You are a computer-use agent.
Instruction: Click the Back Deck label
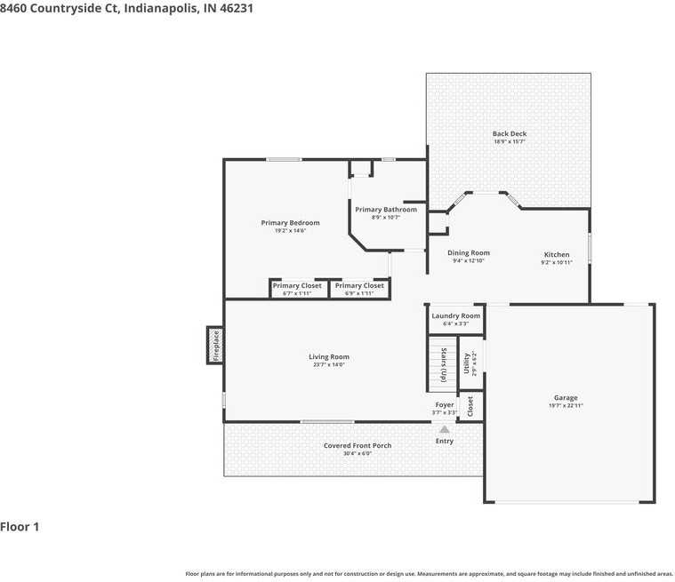510,134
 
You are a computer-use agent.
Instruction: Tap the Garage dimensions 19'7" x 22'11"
566,405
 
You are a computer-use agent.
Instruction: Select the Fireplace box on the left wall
214,345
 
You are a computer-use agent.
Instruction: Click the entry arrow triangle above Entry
445,429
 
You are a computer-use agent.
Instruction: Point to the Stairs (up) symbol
442,364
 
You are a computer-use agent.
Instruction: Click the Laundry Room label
455,315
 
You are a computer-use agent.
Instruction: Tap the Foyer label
445,405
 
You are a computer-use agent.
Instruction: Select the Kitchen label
557,255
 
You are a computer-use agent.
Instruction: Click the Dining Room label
468,253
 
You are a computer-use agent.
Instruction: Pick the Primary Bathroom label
386,210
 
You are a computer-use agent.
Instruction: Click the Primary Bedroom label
290,223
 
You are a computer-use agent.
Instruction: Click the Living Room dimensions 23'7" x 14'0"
328,364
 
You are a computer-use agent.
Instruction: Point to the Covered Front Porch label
358,445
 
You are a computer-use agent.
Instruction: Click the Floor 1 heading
20,527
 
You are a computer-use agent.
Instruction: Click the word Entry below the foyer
445,441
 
